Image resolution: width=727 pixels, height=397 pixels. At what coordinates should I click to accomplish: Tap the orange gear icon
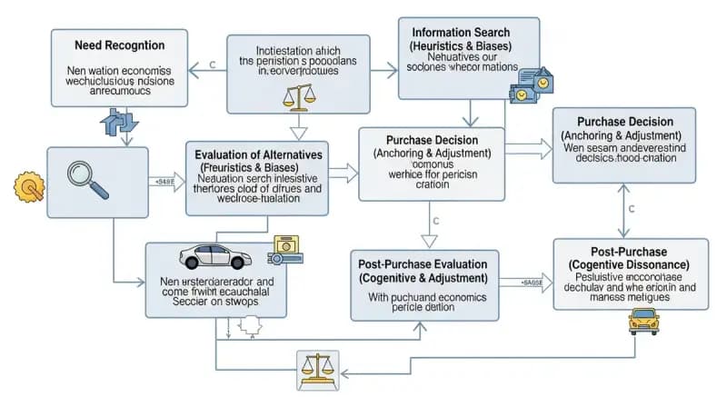[30, 187]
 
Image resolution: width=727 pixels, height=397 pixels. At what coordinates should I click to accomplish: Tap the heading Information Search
[467, 32]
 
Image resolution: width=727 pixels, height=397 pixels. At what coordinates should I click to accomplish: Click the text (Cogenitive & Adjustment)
[424, 277]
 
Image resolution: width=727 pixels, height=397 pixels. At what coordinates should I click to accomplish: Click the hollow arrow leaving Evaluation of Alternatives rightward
[342, 170]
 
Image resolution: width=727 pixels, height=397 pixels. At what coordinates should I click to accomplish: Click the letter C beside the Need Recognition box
[212, 65]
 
